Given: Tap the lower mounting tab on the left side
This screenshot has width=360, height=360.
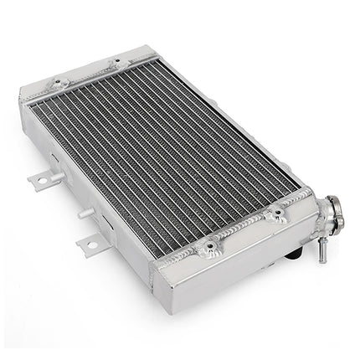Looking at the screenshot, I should (x=89, y=244).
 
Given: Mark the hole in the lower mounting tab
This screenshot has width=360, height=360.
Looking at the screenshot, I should (x=87, y=245).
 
